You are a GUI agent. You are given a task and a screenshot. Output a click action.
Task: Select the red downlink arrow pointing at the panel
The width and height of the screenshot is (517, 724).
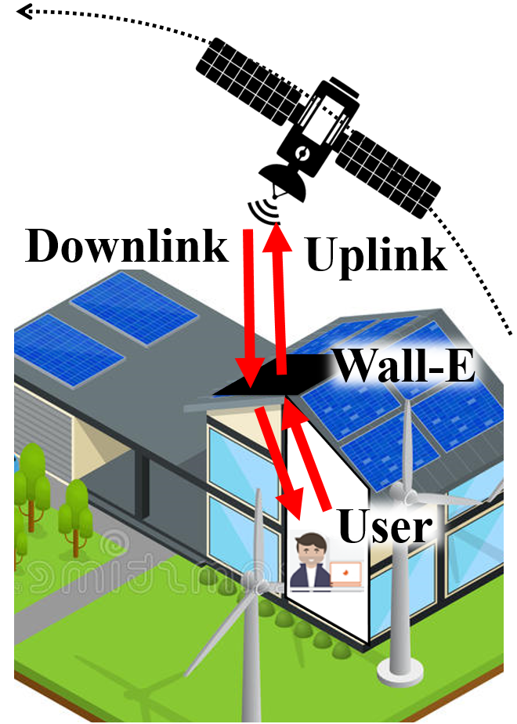tap(249, 306)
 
